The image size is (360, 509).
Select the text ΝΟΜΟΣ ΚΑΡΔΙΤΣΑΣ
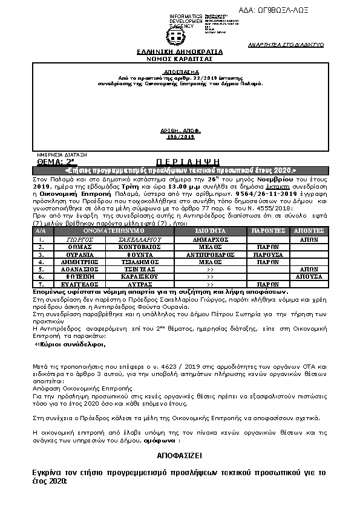[180, 59]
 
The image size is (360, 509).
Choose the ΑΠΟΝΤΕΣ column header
[309, 231]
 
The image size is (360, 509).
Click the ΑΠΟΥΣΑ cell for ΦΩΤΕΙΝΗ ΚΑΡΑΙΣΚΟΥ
[309, 276]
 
